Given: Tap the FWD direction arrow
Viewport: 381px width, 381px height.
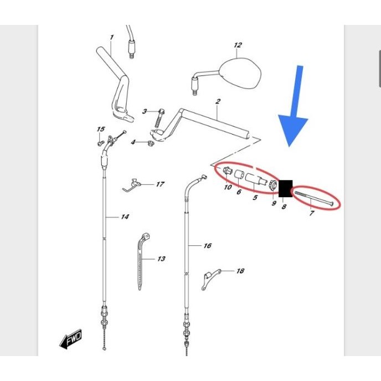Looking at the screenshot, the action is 71,339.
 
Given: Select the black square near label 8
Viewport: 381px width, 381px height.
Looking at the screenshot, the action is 286,188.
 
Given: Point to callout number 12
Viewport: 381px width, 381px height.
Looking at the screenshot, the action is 238,45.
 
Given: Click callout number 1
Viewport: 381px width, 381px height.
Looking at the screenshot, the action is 111,37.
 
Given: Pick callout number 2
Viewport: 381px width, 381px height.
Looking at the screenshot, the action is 218,101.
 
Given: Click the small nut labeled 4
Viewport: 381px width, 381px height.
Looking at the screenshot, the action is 151,143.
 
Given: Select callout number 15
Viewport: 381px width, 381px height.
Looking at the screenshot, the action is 101,129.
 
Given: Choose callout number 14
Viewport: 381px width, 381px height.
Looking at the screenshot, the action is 125,217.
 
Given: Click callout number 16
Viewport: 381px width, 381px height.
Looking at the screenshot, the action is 207,246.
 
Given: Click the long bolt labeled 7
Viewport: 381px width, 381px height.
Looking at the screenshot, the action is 313,199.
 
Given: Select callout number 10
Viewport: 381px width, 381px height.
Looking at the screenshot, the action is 228,187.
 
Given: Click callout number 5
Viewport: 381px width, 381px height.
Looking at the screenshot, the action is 255,197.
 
